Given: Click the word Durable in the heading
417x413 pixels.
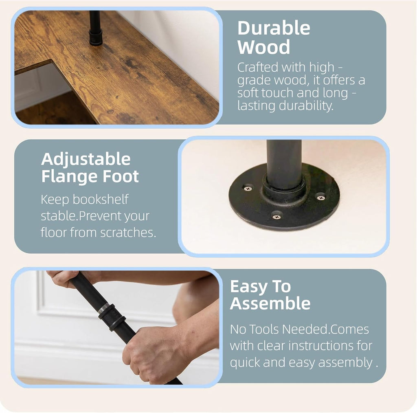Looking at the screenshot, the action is pos(274,28).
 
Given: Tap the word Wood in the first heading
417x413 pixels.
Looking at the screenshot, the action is pos(263,47).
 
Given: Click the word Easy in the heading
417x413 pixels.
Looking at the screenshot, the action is pos(249,287).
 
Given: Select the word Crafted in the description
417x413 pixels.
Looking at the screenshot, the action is pos(257,67).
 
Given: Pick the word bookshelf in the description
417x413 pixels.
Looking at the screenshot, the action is pos(101,199).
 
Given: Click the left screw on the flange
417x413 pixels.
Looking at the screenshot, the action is pos(248,188).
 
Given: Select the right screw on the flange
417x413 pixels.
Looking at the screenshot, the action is pos(321,198).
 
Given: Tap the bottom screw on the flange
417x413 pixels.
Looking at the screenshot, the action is pos(277,217).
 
